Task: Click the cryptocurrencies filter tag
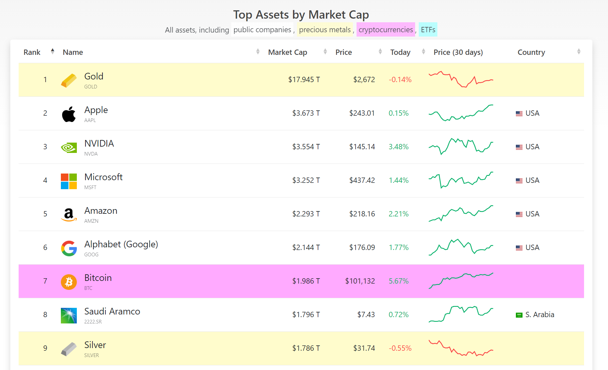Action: pyautogui.click(x=385, y=30)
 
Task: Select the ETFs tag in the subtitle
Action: pyautogui.click(x=428, y=30)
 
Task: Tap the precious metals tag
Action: pyautogui.click(x=325, y=30)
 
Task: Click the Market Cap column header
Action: pyautogui.click(x=287, y=52)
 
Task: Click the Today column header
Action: pyautogui.click(x=400, y=52)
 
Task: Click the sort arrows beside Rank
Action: pyautogui.click(x=53, y=52)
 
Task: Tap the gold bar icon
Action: pyautogui.click(x=69, y=80)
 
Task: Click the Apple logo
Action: pyautogui.click(x=69, y=114)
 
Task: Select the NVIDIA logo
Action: pyautogui.click(x=69, y=147)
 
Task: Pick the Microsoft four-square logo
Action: pyautogui.click(x=69, y=181)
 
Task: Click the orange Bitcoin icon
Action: pyautogui.click(x=69, y=282)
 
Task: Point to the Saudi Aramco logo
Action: pyautogui.click(x=69, y=315)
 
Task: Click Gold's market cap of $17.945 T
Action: pyautogui.click(x=304, y=80)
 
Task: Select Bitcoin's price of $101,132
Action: pyautogui.click(x=360, y=281)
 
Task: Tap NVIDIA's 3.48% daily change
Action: pyautogui.click(x=398, y=147)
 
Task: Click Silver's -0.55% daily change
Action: pyautogui.click(x=400, y=348)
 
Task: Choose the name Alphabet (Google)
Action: pyautogui.click(x=121, y=244)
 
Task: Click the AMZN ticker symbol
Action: pyautogui.click(x=91, y=221)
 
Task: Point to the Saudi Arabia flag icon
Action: pyautogui.click(x=519, y=315)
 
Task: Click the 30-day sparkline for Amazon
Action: pyautogui.click(x=461, y=213)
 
